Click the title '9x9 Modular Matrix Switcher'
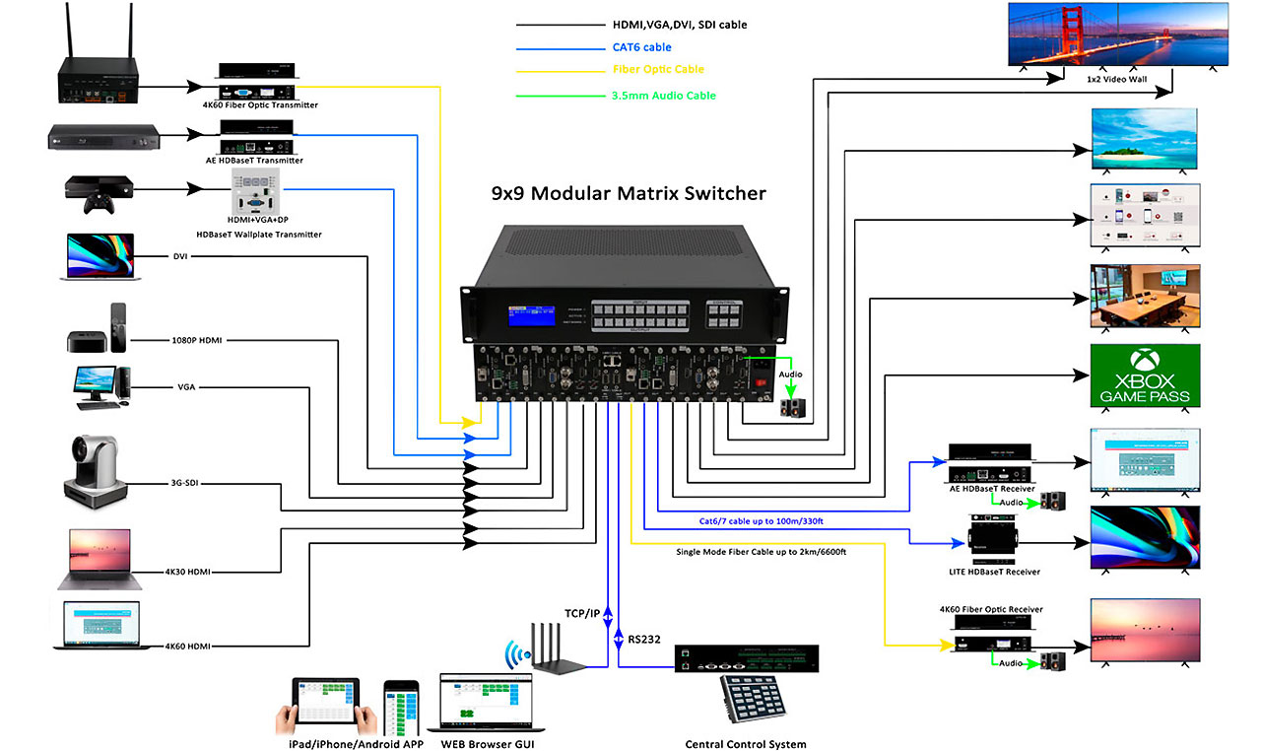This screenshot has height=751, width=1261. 628,193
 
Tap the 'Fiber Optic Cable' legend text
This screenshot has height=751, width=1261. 658,70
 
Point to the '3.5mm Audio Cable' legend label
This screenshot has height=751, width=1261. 664,96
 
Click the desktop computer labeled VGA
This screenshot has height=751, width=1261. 101,386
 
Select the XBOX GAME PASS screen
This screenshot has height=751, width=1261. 1144,375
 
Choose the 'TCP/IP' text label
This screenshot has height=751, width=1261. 582,614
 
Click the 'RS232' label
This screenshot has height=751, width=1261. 643,640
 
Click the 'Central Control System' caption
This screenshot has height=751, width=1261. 746,744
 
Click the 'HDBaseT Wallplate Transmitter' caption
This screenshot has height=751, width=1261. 259,234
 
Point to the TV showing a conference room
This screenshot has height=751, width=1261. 1144,296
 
